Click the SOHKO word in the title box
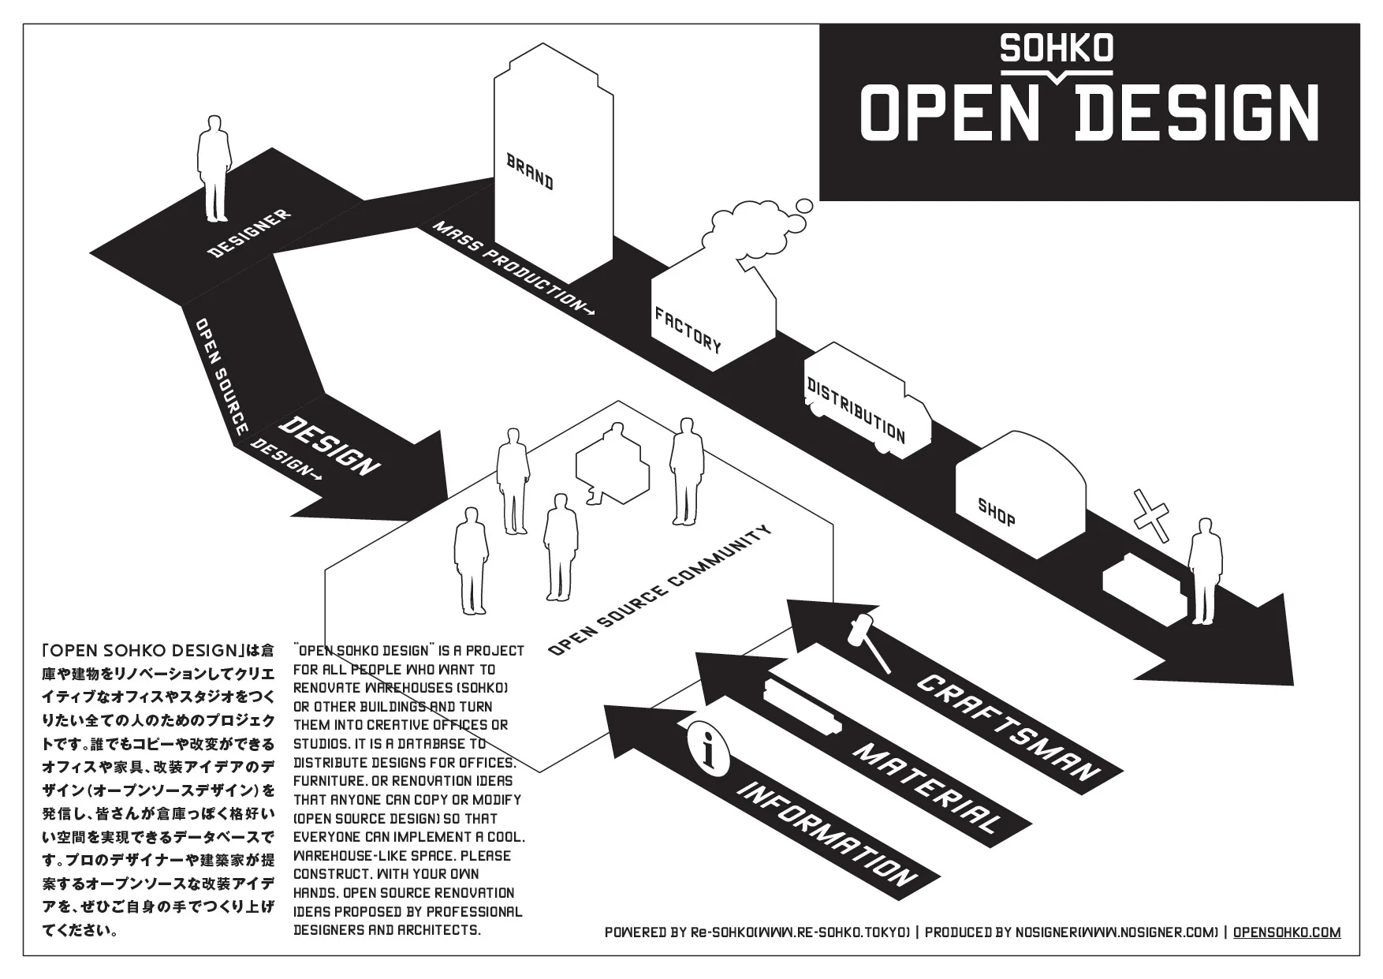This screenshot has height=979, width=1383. [1056, 49]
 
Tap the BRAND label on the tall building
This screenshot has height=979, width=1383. [529, 172]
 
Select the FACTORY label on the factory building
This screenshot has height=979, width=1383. [688, 329]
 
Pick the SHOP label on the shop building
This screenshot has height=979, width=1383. [996, 512]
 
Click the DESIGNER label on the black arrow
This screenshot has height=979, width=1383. [248, 234]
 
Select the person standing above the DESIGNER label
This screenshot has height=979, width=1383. [214, 168]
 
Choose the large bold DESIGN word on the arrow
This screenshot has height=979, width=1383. [330, 446]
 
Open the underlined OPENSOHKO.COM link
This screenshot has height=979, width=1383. [1286, 932]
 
